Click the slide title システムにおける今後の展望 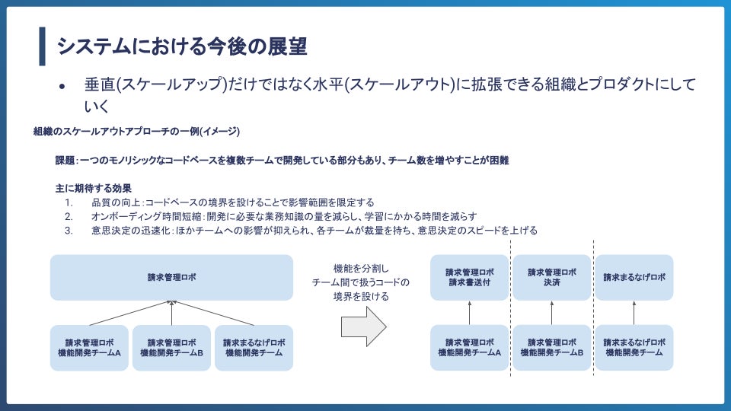pos(181,46)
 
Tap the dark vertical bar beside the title pos(43,46)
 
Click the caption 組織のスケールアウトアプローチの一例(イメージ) pos(137,132)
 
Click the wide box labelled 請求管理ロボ pos(171,277)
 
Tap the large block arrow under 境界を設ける pos(364,327)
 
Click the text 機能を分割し pos(361,268)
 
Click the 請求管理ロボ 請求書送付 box pos(470,277)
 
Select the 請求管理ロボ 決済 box pos(552,277)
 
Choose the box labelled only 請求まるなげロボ pos(634,277)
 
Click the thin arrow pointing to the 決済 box pos(552,312)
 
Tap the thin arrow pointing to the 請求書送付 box pos(470,312)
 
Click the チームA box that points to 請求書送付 pos(470,348)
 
